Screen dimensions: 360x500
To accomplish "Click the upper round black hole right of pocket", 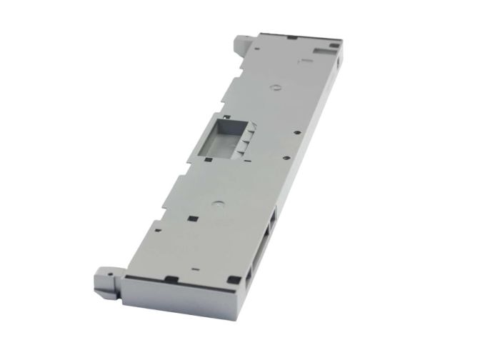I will click(x=294, y=132).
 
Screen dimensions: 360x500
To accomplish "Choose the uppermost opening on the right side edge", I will click(x=272, y=214).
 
